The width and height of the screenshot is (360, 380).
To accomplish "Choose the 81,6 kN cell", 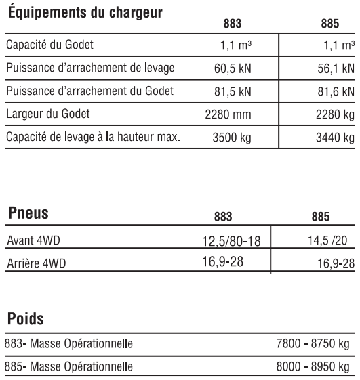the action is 337,91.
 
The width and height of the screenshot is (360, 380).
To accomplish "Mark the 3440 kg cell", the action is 336,136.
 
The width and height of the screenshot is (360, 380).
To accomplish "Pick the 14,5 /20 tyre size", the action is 332,240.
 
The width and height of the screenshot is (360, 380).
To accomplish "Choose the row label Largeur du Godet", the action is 45,114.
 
